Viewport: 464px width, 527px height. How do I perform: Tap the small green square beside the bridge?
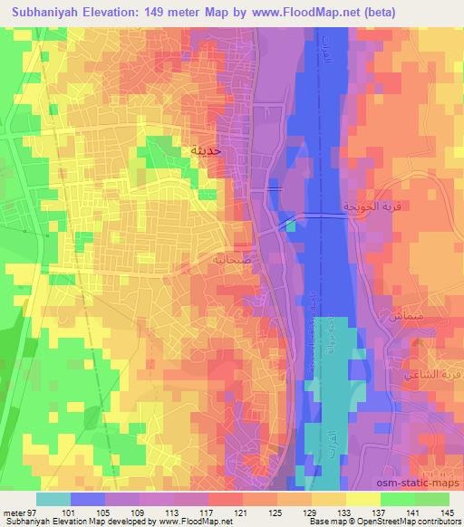click(x=290, y=226)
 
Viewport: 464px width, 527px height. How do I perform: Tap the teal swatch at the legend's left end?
click(x=53, y=499)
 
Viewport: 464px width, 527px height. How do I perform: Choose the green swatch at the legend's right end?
click(x=431, y=499)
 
